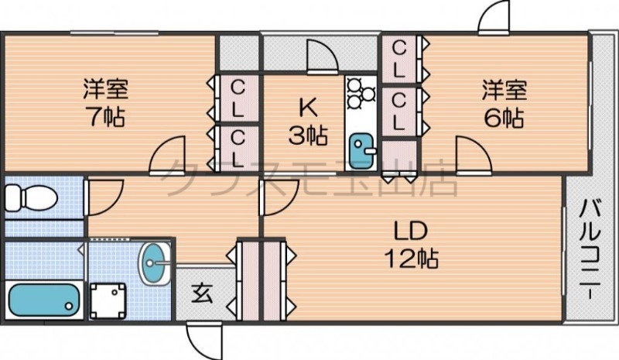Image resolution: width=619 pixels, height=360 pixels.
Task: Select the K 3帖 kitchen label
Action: coord(307,122)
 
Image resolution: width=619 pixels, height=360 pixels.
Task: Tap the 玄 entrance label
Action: coord(202,293)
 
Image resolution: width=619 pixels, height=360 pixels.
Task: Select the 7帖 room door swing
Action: coord(169,156)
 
